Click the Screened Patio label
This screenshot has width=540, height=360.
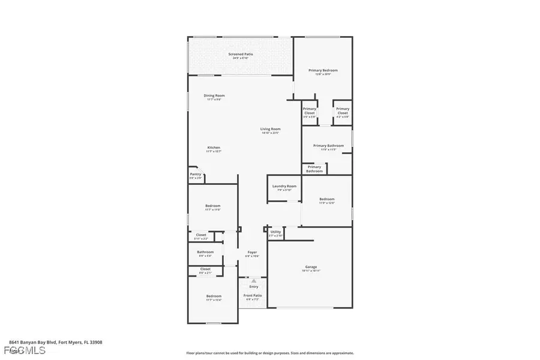point(240,55)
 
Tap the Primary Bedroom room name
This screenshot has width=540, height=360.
point(319,70)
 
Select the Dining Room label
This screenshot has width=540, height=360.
point(214,95)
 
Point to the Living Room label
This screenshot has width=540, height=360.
point(270,129)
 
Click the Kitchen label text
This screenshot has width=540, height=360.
point(214,148)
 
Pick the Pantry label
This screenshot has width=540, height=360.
point(195,174)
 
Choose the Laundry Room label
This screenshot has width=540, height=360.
point(284,186)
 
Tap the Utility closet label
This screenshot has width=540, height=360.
point(275,231)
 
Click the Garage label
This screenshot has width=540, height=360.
point(311,267)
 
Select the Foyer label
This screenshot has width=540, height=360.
point(252,252)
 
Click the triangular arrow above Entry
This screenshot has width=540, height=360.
point(254,280)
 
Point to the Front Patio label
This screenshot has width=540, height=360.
point(253,295)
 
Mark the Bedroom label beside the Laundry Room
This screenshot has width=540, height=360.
point(326,199)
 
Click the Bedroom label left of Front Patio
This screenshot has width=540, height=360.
point(214,296)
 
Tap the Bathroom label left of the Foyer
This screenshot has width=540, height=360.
point(205,252)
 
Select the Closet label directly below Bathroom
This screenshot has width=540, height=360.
point(205,269)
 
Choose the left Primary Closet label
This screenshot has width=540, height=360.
point(309,109)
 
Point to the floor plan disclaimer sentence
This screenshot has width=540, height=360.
point(269,353)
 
